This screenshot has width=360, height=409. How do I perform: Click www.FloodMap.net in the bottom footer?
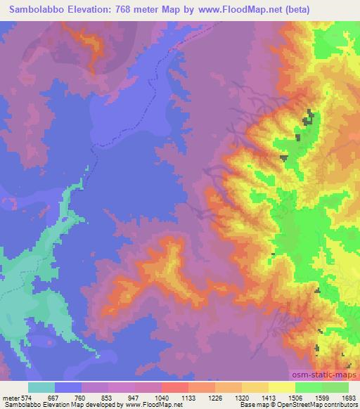[x=152, y=405]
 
